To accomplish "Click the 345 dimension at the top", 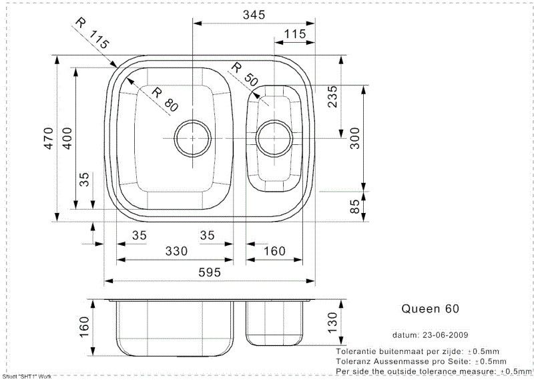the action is coord(254,15).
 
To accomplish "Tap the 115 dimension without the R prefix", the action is coord(295,34).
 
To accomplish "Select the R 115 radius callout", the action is coord(92,33).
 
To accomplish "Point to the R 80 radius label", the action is coord(165,100).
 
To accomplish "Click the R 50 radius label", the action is coord(244,75).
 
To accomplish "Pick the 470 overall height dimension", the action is coord(49,138).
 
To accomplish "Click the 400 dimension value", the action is coord(67,138).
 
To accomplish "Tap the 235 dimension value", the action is coord(332,97).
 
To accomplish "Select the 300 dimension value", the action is coord(354,138).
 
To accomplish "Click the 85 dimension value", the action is coord(354,206).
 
